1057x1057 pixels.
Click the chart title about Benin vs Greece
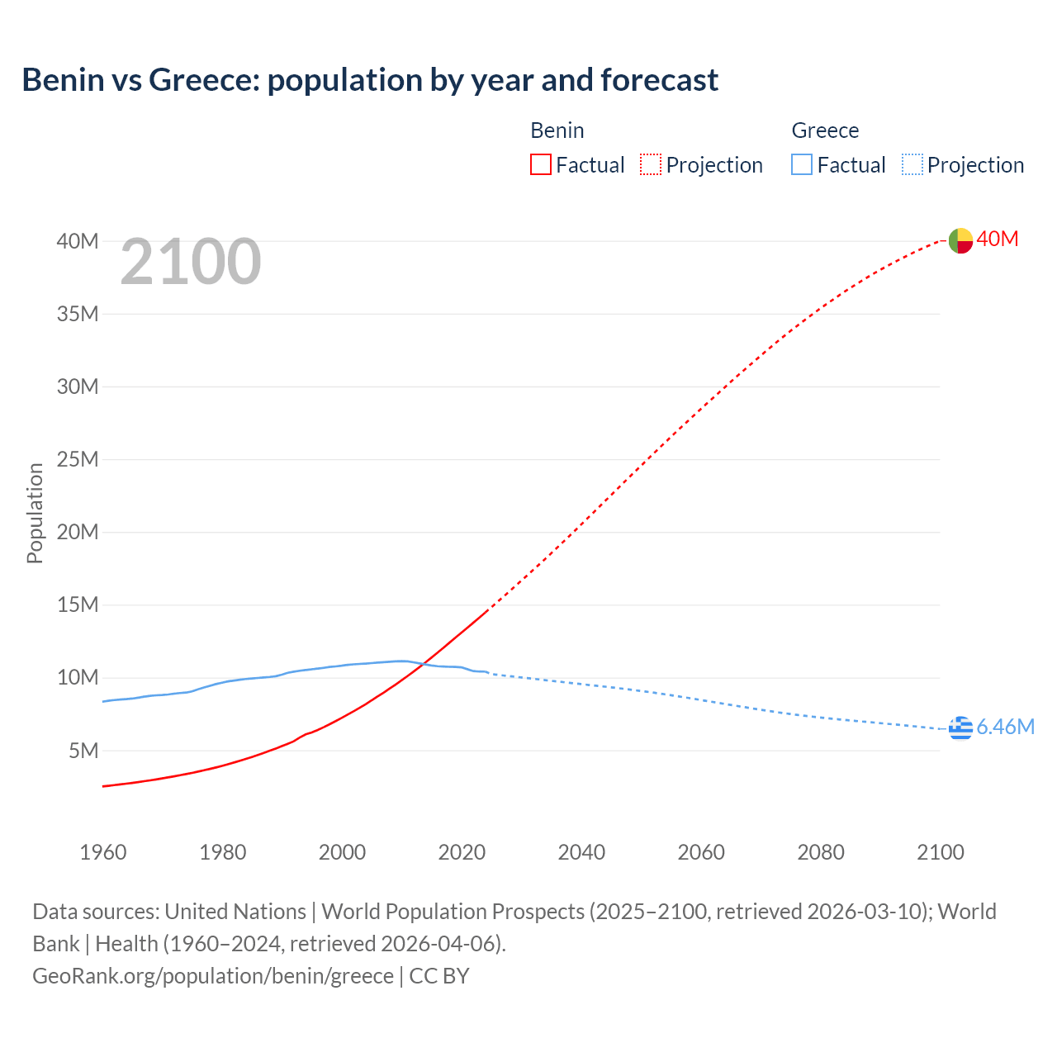(370, 80)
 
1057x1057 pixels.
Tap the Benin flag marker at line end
(960, 240)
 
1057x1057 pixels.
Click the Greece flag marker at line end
(960, 728)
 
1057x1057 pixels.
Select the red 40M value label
(998, 239)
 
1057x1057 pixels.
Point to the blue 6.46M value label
(1005, 727)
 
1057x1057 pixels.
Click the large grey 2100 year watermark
(191, 262)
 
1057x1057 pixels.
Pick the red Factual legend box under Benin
(541, 165)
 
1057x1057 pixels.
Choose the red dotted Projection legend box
(651, 165)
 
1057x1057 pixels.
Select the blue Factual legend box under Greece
(802, 165)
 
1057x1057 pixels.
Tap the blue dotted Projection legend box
(912, 165)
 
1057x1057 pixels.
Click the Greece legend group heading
(825, 130)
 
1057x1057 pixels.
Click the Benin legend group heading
(557, 130)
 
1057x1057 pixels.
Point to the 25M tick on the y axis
(78, 459)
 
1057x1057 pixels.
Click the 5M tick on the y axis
(83, 751)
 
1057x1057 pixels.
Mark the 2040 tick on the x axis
(581, 852)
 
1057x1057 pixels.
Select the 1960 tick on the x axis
(103, 852)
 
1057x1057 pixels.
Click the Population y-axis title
(35, 513)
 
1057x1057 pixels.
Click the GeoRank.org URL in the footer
(213, 976)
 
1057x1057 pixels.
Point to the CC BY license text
(439, 976)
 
